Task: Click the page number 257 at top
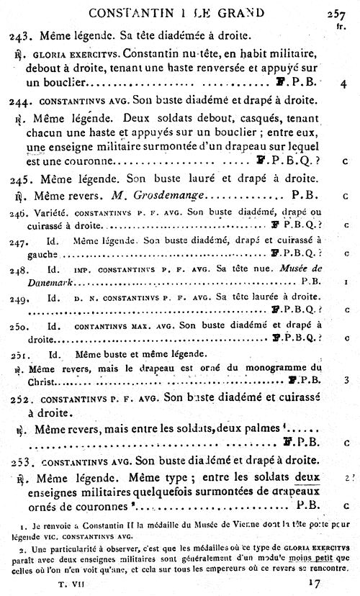tap(336, 12)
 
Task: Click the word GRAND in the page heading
tap(234, 12)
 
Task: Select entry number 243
tap(19, 35)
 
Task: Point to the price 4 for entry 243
tap(344, 83)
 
